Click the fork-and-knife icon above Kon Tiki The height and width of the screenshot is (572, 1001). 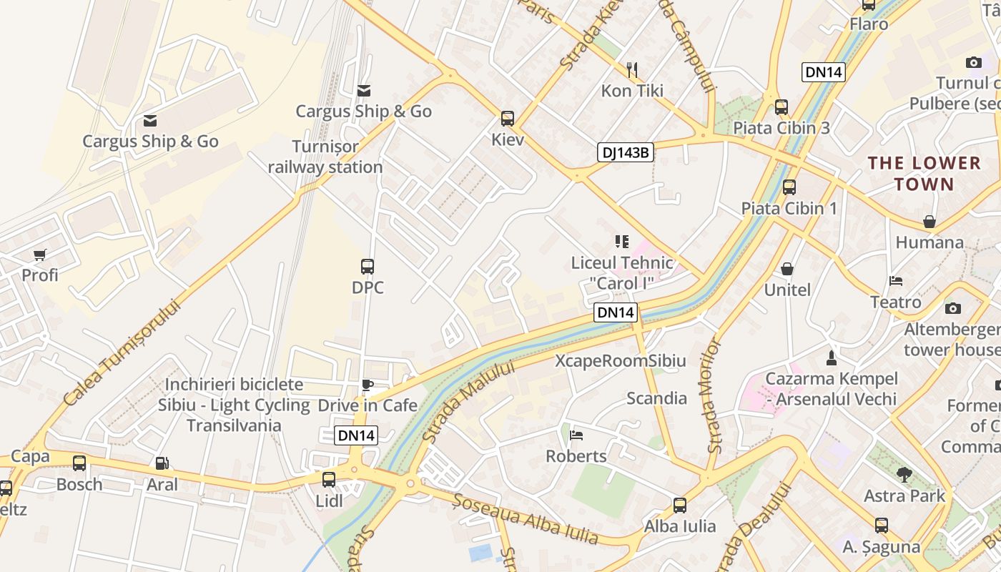(632, 69)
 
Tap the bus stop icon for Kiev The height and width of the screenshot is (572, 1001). (508, 118)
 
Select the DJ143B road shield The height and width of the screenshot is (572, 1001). (626, 152)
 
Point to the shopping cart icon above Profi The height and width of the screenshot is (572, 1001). (40, 255)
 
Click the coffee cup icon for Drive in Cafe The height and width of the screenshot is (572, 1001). (368, 385)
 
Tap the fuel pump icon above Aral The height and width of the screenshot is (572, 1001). (162, 463)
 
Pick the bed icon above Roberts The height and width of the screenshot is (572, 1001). (576, 435)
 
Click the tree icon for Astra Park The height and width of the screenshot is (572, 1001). (904, 474)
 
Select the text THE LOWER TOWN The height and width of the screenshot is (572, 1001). (924, 174)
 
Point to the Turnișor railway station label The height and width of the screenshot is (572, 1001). (326, 157)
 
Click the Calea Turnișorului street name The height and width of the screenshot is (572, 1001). (121, 352)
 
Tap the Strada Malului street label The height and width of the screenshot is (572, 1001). (468, 401)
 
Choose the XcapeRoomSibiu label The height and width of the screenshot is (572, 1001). (621, 361)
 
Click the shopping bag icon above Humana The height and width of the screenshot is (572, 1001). (929, 222)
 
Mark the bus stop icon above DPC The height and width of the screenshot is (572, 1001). (368, 267)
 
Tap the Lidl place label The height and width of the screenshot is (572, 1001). (329, 501)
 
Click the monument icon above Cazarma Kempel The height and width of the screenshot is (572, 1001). (831, 357)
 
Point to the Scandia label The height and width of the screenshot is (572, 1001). (656, 398)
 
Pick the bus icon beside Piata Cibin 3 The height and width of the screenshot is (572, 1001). (781, 107)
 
